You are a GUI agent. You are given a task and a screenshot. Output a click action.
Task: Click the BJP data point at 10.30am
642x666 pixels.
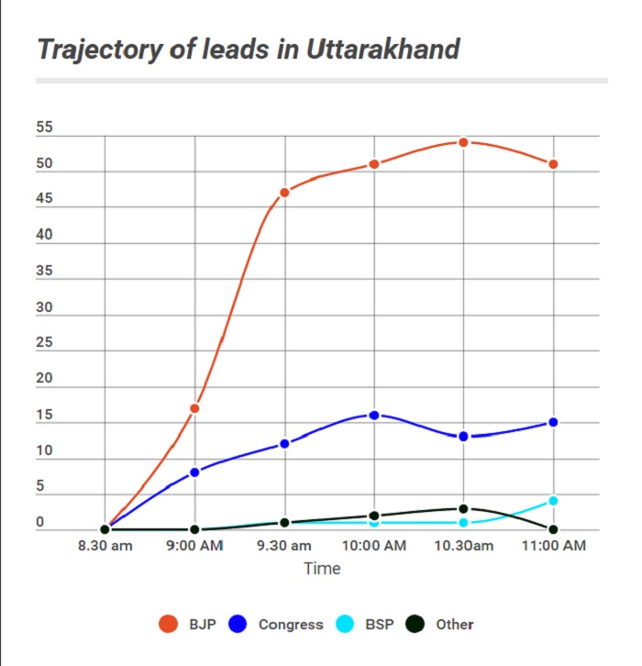point(464,142)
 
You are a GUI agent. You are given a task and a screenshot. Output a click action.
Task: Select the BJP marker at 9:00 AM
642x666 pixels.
point(194,408)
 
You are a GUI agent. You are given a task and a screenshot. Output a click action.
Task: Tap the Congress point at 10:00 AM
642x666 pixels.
point(374,415)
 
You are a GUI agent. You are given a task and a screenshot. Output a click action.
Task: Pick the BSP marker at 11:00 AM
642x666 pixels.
point(553,501)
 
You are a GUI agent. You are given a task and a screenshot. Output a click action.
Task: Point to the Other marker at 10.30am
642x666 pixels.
point(464,508)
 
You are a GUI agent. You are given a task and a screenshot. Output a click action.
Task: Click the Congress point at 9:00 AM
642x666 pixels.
point(194,472)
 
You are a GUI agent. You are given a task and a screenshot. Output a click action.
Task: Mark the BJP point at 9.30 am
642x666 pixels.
point(284,192)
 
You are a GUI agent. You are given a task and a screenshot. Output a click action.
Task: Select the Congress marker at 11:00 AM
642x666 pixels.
point(553,422)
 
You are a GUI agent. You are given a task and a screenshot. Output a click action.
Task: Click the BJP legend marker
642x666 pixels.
point(168,625)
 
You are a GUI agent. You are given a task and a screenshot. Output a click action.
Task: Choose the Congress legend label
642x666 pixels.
point(291,625)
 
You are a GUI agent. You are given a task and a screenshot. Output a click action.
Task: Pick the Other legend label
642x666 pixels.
point(455,625)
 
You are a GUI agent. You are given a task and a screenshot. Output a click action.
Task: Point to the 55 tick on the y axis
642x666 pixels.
point(45,129)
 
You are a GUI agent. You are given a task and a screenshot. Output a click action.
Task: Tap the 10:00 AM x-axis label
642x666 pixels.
point(374,548)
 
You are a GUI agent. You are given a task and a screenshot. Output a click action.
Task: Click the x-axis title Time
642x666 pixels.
point(322,569)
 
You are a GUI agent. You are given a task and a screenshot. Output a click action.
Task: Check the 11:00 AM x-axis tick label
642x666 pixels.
point(553,548)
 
